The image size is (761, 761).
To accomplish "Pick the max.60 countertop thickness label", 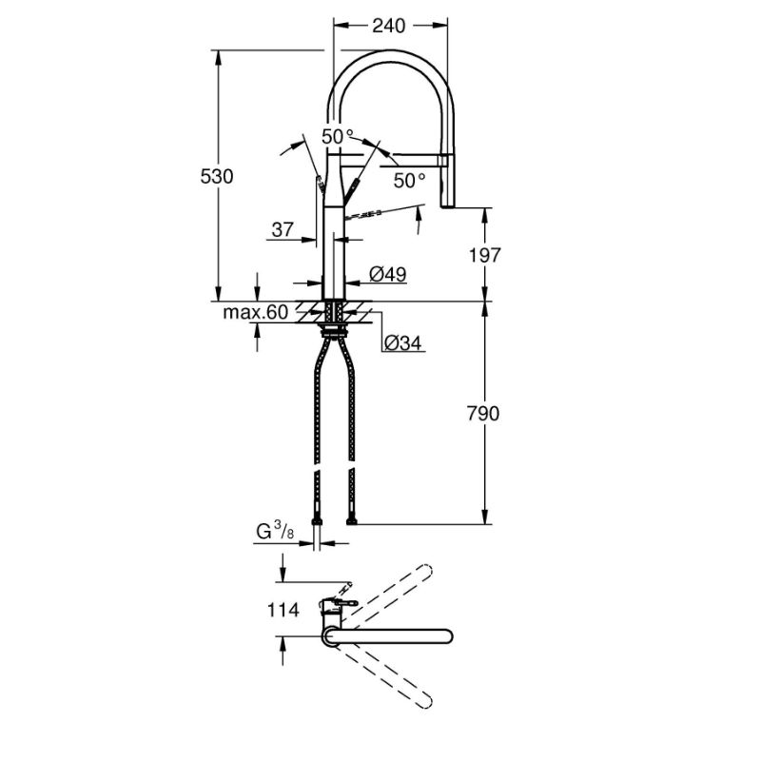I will (x=256, y=312).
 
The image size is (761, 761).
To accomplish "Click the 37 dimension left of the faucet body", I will (x=283, y=229).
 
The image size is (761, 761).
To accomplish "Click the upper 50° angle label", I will (x=337, y=136).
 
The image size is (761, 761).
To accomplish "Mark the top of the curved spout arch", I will (x=390, y=54).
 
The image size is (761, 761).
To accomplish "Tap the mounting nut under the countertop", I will (x=334, y=331).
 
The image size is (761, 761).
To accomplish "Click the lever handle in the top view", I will (x=344, y=603).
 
